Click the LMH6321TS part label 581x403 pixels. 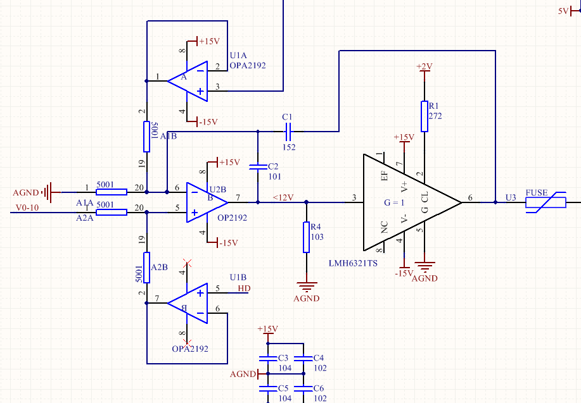[353, 263]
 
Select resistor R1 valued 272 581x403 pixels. [423, 116]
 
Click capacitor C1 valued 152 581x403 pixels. [288, 132]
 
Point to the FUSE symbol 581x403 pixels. [546, 202]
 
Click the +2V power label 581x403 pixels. [424, 66]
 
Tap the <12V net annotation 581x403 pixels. [283, 197]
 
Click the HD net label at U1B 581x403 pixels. [244, 288]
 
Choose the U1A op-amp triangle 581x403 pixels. [189, 80]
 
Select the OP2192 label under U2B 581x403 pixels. [231, 218]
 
